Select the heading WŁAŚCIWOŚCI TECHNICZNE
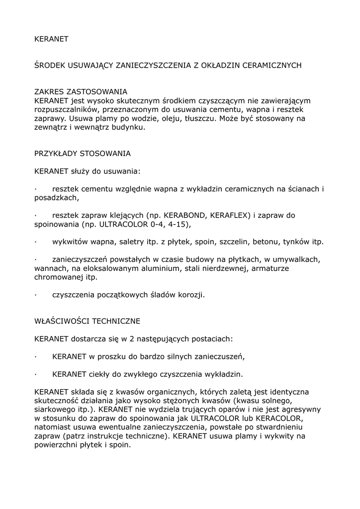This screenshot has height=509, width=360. [87, 322]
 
